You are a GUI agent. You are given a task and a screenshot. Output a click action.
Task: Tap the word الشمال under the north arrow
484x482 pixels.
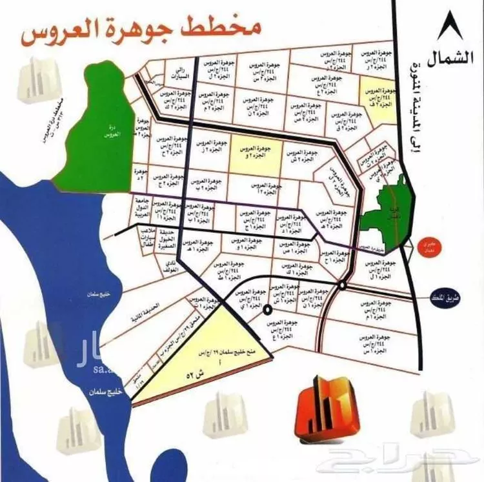tap(453, 57)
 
